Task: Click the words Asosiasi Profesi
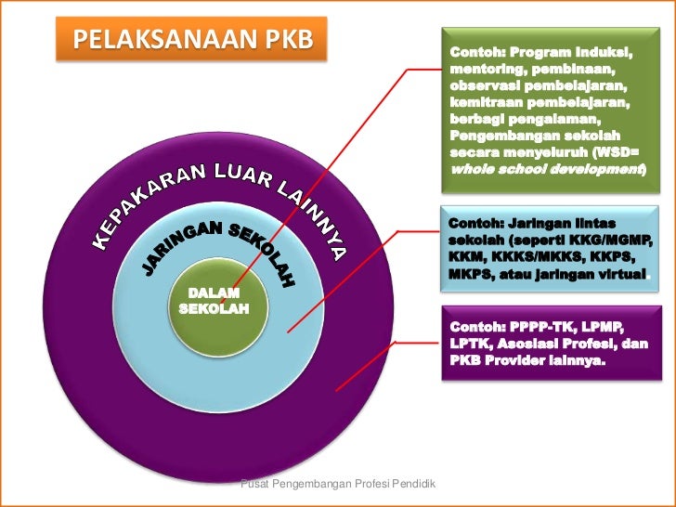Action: coord(556,344)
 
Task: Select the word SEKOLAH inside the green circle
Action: coord(214,309)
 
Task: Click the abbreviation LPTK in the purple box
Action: coord(470,344)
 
